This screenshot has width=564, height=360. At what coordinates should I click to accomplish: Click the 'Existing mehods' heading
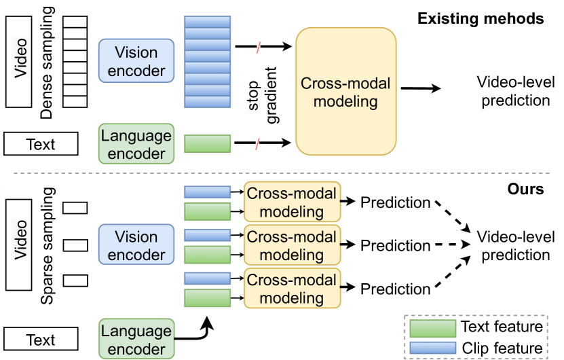481,18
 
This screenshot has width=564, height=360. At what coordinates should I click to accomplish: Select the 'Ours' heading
525,189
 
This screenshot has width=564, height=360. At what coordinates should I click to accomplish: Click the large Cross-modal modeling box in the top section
346,92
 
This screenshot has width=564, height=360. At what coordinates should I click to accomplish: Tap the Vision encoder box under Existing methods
136,61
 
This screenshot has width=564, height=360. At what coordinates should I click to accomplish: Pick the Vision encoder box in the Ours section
136,245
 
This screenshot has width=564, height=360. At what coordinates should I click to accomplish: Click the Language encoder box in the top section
136,144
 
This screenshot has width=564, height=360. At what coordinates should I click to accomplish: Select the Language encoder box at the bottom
136,339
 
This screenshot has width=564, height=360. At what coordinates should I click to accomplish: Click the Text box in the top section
41,143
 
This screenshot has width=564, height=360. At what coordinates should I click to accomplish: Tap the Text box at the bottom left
41,339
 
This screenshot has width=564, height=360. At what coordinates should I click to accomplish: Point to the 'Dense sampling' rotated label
48,62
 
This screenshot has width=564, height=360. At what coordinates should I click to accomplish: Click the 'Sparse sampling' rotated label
48,246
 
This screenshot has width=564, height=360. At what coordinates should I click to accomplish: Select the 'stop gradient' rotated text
263,95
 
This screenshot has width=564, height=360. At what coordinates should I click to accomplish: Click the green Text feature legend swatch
433,328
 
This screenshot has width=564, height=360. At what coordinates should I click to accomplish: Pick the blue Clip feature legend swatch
433,348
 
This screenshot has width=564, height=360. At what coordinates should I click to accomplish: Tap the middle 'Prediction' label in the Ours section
395,245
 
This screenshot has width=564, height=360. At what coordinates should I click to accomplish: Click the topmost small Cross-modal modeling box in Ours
292,202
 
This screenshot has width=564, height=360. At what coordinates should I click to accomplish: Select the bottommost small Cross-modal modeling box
292,289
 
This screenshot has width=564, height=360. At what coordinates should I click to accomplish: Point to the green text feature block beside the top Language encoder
207,143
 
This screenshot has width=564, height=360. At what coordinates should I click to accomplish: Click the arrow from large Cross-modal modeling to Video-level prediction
421,88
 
